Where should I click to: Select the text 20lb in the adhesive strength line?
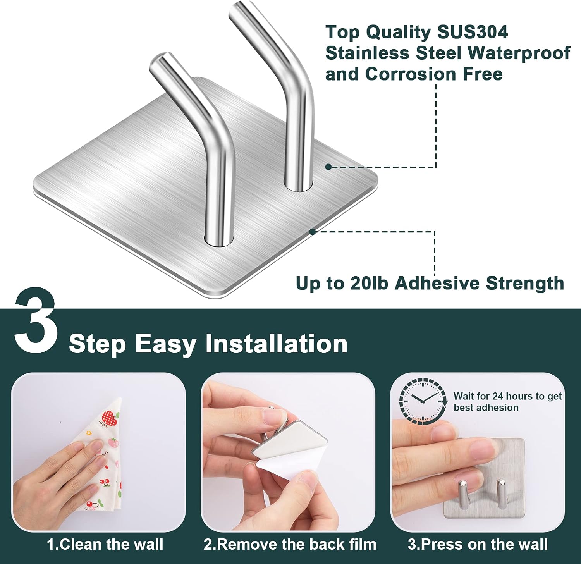pyautogui.click(x=369, y=284)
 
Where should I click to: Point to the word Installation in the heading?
pyautogui.click(x=276, y=344)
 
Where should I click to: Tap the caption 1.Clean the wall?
pyautogui.click(x=105, y=544)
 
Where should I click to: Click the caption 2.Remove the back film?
pyautogui.click(x=290, y=544)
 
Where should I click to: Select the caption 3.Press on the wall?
pyautogui.click(x=478, y=544)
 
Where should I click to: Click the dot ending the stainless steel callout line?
pyautogui.click(x=328, y=167)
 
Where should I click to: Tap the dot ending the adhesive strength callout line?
pyautogui.click(x=313, y=232)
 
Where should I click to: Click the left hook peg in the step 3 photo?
pyautogui.click(x=462, y=494)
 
